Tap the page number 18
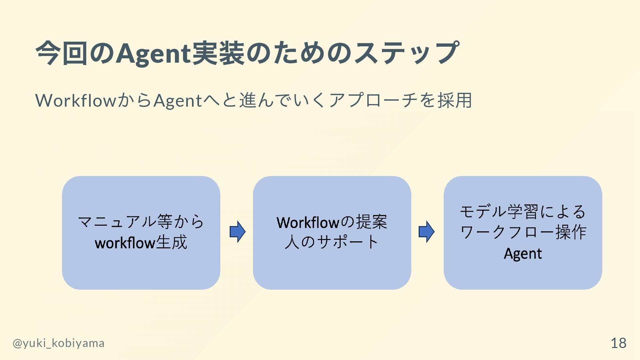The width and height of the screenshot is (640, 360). tap(618, 343)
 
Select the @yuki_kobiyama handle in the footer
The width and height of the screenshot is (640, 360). tap(59, 343)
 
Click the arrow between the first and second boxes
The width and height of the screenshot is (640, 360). tap(237, 232)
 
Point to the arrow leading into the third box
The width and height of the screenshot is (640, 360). tap(426, 232)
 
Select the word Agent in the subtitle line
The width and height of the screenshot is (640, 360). tap(178, 100)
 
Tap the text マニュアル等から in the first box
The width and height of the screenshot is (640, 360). tap(141, 222)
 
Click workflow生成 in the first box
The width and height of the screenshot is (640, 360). tap(141, 243)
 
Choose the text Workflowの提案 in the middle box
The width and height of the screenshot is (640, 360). tap(332, 222)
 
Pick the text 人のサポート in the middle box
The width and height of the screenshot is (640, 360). tap(332, 242)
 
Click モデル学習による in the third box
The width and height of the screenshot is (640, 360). tap(523, 212)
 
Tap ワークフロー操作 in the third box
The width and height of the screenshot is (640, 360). tap(523, 232)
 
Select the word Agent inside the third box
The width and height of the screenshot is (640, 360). tap(523, 254)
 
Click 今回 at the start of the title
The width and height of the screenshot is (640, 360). tap(61, 53)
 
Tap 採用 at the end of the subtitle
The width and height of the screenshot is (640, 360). tap(455, 100)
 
